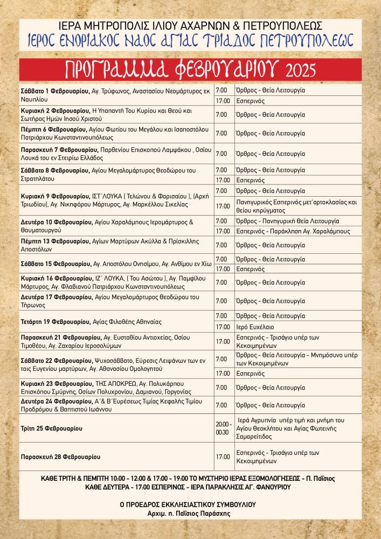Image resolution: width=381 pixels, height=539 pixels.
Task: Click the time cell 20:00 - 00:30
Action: point(224,428)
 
